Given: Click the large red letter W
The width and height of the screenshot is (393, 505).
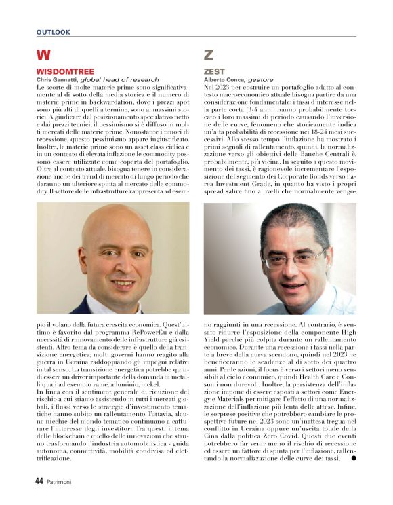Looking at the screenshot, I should [x=43, y=55].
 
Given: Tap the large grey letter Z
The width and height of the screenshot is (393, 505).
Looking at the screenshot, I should [x=209, y=55].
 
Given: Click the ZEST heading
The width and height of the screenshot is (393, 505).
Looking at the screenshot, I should [x=214, y=71].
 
